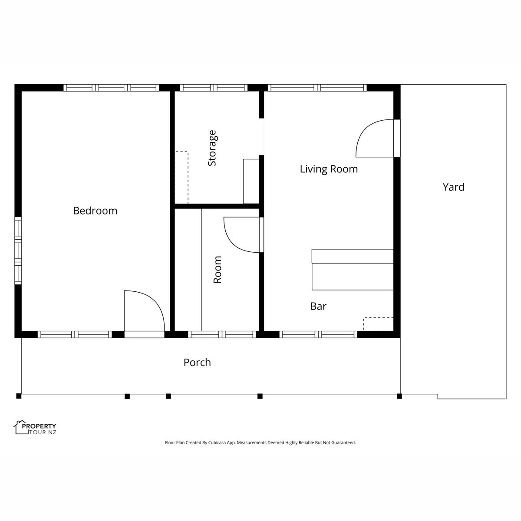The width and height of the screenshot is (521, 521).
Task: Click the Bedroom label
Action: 95,211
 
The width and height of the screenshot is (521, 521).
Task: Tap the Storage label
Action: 212,148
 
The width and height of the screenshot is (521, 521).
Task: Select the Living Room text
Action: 329,169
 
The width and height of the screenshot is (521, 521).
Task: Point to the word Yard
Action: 453,187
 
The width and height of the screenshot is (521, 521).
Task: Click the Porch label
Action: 197,362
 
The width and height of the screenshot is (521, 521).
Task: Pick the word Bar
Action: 318,306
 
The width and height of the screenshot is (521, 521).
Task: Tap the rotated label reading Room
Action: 218,270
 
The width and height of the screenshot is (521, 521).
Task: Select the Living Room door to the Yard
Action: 397,138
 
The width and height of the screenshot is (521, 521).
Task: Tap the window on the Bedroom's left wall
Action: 18,251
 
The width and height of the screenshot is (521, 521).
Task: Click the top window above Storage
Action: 214,88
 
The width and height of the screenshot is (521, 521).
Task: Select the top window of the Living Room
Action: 317,88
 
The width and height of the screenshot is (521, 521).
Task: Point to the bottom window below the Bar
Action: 318,334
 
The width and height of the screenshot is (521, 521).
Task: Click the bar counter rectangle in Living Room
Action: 353,270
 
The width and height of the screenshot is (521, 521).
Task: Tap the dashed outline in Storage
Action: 181,178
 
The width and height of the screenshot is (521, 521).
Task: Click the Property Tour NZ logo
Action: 36,428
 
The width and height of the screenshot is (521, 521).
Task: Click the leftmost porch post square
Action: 19,396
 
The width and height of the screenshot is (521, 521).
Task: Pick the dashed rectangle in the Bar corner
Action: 378,324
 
